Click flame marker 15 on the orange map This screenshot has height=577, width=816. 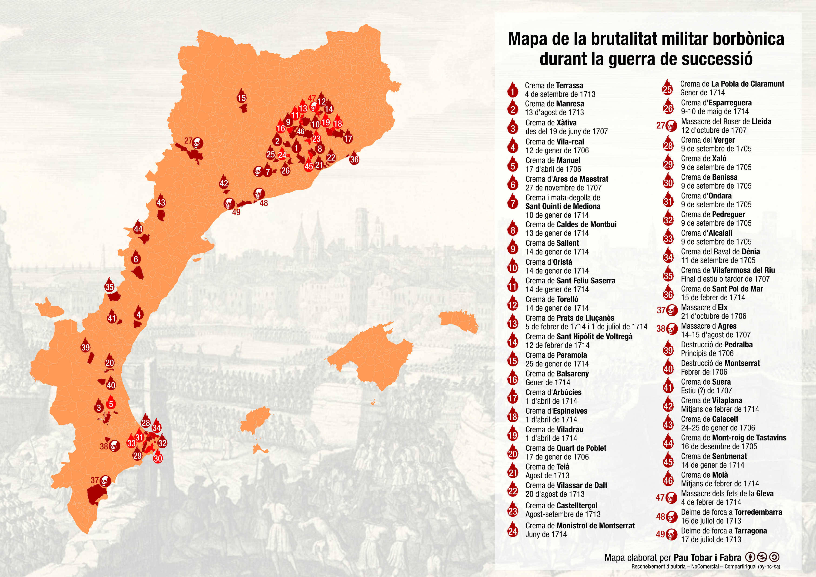[242, 97]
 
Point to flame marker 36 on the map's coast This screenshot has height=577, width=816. [354, 159]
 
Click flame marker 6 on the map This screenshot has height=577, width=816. [136, 258]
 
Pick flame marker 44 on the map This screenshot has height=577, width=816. [138, 228]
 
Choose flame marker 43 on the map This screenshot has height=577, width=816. [161, 201]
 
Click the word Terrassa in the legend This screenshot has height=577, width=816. [570, 85]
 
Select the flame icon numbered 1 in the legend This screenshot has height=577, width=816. [512, 91]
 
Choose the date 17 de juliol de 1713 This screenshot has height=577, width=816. [711, 539]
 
